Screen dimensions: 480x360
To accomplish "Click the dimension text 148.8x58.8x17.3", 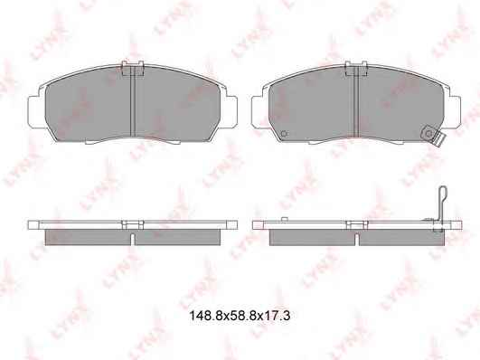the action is (240, 316).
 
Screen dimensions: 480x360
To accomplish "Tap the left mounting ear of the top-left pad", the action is (36, 111).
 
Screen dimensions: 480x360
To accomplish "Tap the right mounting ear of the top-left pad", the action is (231, 111).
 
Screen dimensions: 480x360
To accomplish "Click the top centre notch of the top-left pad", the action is (133, 68).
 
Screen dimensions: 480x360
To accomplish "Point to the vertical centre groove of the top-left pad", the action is (133, 102).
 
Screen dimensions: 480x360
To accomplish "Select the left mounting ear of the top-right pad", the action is (259, 111).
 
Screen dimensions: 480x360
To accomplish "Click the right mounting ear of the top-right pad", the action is (456, 111).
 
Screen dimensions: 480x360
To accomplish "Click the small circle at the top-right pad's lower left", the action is (284, 134).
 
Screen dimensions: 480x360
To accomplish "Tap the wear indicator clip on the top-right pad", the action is (433, 136).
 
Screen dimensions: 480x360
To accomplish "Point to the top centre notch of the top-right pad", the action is (356, 68).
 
